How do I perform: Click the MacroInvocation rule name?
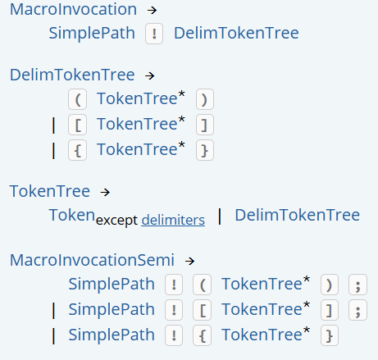click(x=73, y=9)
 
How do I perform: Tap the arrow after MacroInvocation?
click(x=152, y=11)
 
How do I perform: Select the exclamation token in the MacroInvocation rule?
click(x=154, y=34)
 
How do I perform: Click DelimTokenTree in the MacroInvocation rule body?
click(x=236, y=33)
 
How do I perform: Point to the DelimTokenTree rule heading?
click(x=72, y=75)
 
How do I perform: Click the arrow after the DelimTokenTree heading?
click(x=150, y=75)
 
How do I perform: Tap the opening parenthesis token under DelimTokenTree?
click(x=78, y=99)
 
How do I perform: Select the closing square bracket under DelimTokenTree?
click(x=205, y=125)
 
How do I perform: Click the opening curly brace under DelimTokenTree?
click(x=78, y=150)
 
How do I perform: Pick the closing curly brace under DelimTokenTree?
click(x=205, y=150)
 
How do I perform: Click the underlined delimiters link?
click(x=173, y=220)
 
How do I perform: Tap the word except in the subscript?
click(x=116, y=221)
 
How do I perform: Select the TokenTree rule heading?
click(x=50, y=191)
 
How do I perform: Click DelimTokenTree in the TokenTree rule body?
click(x=298, y=215)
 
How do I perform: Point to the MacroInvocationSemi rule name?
click(x=92, y=260)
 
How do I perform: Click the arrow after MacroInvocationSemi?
click(x=189, y=261)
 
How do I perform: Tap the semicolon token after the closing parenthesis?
click(x=358, y=285)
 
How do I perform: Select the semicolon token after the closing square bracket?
click(x=358, y=310)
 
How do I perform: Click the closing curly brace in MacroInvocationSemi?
click(x=330, y=335)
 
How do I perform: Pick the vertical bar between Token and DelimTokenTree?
click(x=220, y=216)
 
